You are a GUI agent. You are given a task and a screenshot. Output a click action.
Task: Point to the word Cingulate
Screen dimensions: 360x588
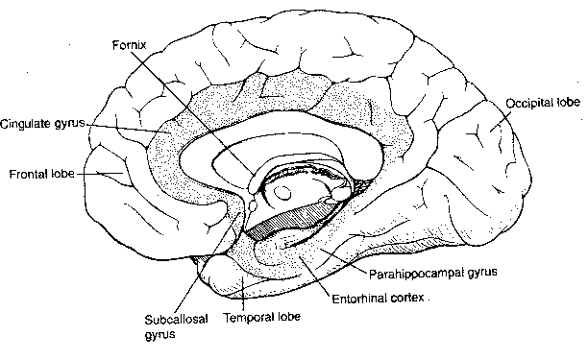pyautogui.click(x=24, y=125)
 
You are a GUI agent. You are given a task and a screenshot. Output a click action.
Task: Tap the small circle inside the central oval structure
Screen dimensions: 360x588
pyautogui.click(x=285, y=193)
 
